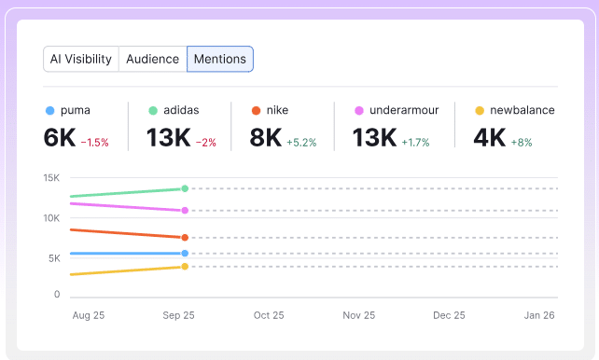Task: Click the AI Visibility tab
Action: (80, 59)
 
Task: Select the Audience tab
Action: (152, 59)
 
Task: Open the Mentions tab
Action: (220, 59)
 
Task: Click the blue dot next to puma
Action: (49, 110)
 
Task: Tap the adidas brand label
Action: (180, 110)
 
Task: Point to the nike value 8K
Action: (265, 138)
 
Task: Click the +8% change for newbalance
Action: (523, 143)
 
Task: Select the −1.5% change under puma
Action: (94, 143)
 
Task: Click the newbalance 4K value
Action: (489, 138)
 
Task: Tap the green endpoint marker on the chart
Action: (185, 188)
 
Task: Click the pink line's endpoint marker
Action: (185, 210)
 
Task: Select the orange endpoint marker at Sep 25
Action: (185, 238)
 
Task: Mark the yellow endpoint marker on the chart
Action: (185, 267)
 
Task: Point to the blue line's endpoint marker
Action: (185, 253)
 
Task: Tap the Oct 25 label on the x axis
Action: (268, 315)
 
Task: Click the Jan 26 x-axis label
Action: (538, 315)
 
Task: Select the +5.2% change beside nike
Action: (301, 143)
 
